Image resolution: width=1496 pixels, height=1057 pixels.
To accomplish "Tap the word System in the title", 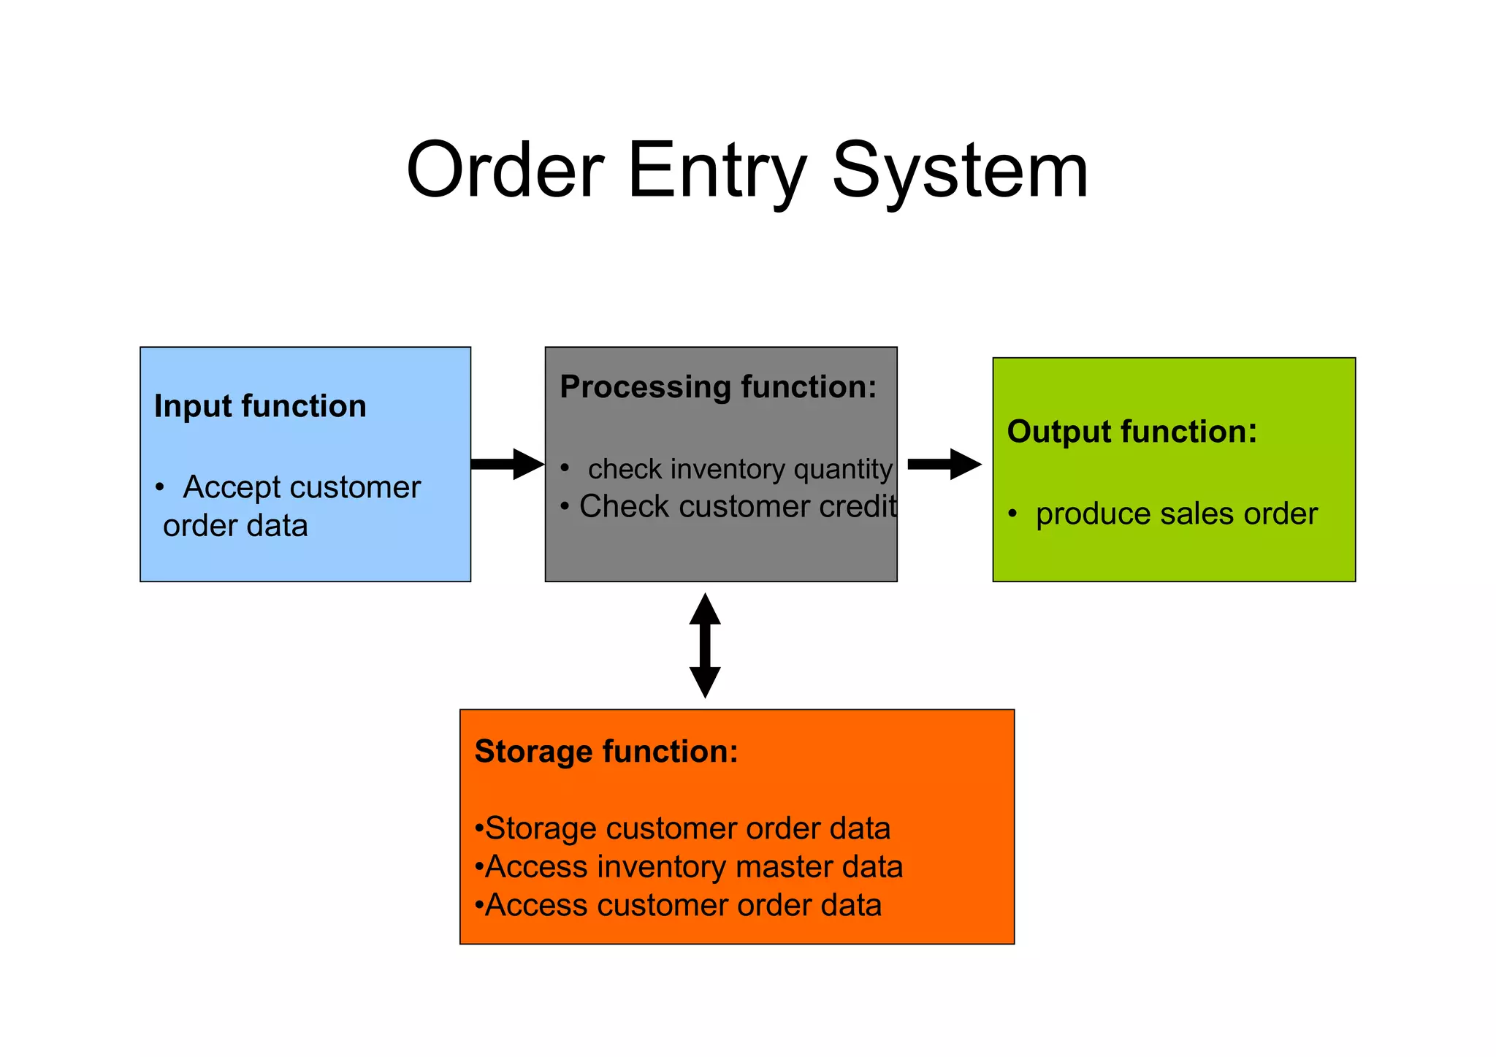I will [960, 171].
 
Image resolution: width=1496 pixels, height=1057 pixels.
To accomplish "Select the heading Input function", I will [260, 406].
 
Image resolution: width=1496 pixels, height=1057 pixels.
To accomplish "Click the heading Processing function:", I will [717, 386].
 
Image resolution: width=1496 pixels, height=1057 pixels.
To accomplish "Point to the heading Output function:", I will [1131, 431].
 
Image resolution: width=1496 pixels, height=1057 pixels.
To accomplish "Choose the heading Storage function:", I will [606, 751].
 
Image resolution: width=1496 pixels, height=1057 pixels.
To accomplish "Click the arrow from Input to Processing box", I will [507, 464].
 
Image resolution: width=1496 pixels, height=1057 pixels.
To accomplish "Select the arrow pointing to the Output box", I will [944, 464].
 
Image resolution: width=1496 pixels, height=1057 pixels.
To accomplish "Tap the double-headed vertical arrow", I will [705, 645].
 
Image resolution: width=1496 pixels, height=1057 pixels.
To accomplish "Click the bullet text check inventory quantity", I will [739, 469].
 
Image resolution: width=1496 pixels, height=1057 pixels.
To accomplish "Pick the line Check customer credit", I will [736, 506].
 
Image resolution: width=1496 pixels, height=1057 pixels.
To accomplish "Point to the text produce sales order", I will [1176, 514].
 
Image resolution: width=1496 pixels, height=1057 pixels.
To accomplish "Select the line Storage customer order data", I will [687, 828].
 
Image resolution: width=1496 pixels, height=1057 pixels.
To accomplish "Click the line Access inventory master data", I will [693, 866].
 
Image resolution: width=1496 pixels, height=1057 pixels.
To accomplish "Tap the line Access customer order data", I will [683, 905].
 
